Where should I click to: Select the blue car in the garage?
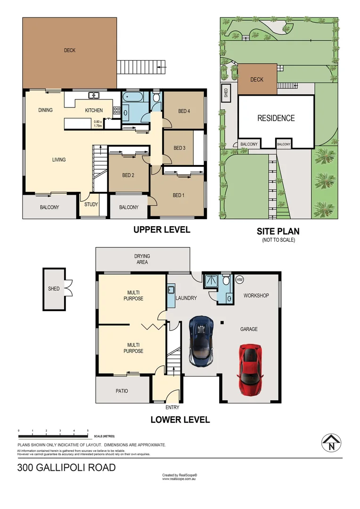click(201, 341)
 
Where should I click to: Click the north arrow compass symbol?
click(331, 443)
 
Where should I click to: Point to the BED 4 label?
click(185, 112)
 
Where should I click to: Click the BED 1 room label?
click(178, 196)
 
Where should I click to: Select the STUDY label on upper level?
click(91, 205)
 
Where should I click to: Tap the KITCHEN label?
click(94, 110)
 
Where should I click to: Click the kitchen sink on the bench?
click(94, 95)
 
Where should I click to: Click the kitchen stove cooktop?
click(116, 111)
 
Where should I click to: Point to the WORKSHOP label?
click(256, 296)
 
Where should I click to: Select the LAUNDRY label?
click(186, 298)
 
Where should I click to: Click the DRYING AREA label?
click(142, 259)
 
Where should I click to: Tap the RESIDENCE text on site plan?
click(276, 118)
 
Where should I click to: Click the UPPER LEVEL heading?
click(162, 230)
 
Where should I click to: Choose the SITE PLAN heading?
click(278, 231)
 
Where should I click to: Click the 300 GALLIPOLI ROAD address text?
click(66, 468)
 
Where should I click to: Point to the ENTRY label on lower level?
click(172, 408)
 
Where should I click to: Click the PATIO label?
click(122, 391)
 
